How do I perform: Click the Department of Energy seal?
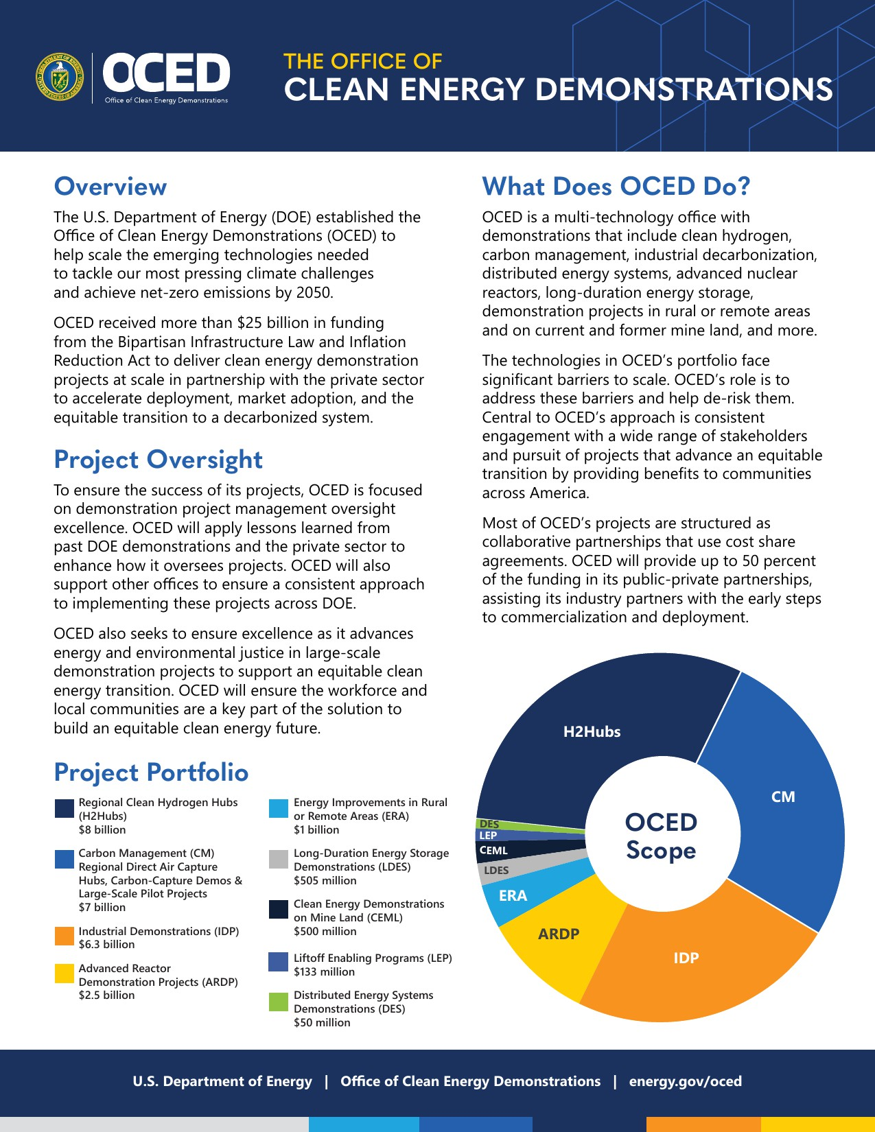click(x=59, y=77)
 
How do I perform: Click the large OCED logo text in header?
click(x=167, y=73)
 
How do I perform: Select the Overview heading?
click(x=110, y=187)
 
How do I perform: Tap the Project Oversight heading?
click(x=159, y=460)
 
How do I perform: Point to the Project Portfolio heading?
click(x=151, y=773)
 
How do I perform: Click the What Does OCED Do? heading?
click(x=616, y=187)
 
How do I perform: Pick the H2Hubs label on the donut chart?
click(x=592, y=732)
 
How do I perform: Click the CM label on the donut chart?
click(x=783, y=797)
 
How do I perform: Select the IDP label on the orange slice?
click(x=686, y=958)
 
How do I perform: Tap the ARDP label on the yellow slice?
click(x=559, y=934)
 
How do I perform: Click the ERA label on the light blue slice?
click(x=513, y=896)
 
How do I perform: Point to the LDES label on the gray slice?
click(x=496, y=871)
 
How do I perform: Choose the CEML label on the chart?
click(x=493, y=851)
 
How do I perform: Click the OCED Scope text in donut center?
click(x=661, y=836)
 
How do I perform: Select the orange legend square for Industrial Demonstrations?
click(x=65, y=937)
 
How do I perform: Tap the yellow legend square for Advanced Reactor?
click(x=65, y=974)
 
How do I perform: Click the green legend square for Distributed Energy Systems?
click(x=279, y=1002)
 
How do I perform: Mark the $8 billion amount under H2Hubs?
click(x=102, y=830)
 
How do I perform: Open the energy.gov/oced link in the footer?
click(x=685, y=1082)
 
